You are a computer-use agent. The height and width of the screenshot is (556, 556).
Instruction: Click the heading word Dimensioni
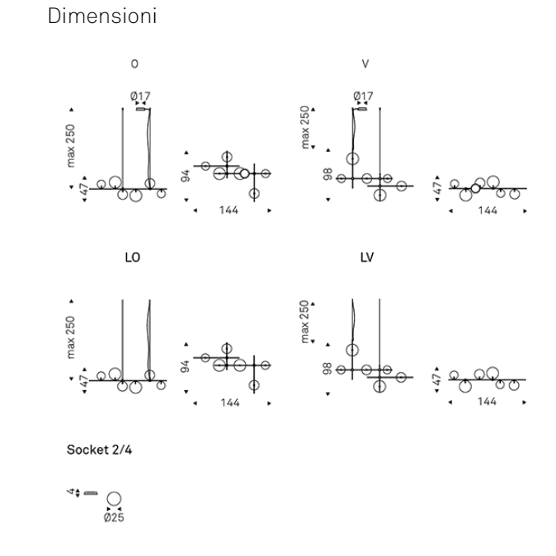102,16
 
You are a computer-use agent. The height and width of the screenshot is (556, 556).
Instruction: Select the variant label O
134,64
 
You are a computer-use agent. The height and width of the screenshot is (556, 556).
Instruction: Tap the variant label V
365,64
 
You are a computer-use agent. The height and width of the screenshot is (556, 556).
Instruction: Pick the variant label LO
132,257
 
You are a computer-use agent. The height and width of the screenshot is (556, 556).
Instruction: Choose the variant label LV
366,257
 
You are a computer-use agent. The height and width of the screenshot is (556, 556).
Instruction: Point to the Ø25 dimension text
114,518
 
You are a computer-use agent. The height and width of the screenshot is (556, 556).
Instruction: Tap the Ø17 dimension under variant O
140,97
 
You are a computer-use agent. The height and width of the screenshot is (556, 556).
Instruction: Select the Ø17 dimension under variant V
362,97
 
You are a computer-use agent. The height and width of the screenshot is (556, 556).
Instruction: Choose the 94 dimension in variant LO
186,365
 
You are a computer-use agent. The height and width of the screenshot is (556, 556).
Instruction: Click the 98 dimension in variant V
327,174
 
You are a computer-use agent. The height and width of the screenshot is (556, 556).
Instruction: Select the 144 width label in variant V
487,210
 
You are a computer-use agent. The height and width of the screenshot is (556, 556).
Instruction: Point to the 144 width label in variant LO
229,403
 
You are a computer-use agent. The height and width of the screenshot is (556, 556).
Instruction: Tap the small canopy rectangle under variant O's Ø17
141,108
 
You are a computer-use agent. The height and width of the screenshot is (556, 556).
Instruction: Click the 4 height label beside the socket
71,492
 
